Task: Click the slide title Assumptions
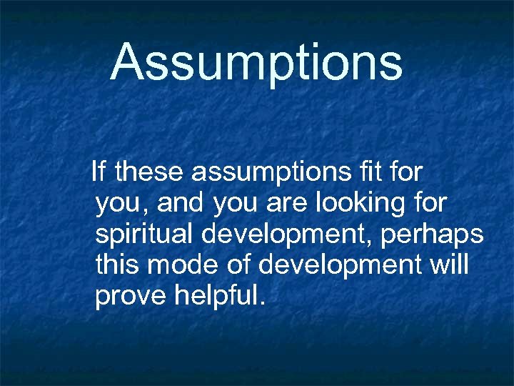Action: pos(257,62)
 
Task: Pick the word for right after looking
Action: pos(428,203)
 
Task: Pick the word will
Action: pos(450,265)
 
